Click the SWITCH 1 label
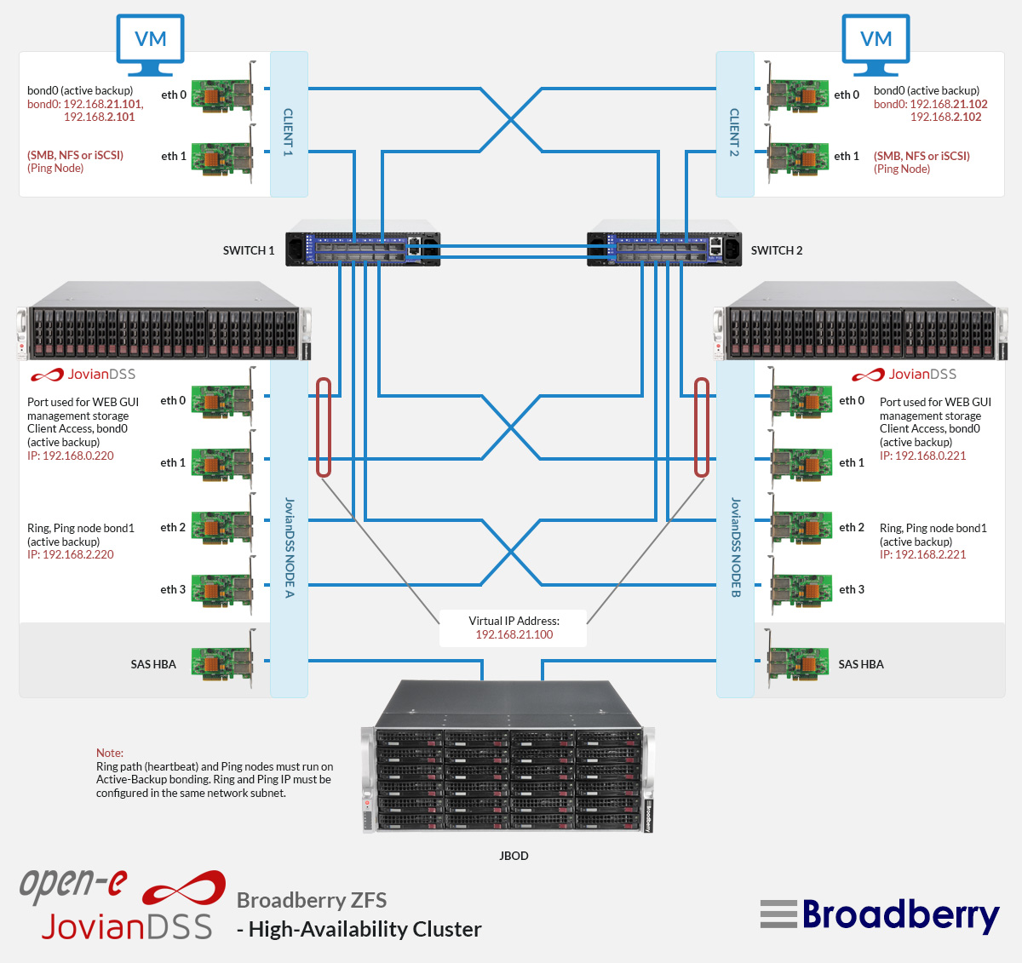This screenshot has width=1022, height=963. point(248,250)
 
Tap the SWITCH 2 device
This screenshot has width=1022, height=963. point(663,248)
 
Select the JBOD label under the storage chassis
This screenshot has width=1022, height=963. point(514,856)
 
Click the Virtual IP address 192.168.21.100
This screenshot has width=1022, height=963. point(514,634)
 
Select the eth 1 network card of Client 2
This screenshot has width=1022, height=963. point(799,157)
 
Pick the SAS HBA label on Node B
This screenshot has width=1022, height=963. point(861,664)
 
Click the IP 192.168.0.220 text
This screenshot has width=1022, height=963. point(71,456)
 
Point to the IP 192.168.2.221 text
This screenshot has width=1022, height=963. point(923,554)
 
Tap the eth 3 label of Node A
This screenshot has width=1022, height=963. point(173,589)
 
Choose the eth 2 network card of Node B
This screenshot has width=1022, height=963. point(801,527)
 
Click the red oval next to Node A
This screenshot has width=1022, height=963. point(324,427)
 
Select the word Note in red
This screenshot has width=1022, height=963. point(109,753)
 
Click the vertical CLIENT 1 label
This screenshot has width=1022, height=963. point(289,132)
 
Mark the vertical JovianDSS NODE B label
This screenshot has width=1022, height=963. point(735,547)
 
